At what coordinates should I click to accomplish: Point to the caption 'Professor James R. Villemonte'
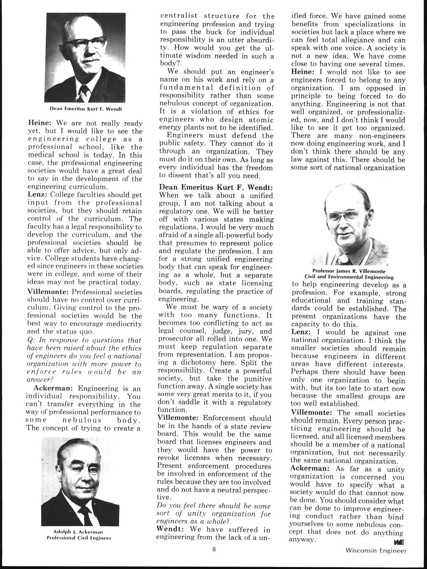pos(348,271)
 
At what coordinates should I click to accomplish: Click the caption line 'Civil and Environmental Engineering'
pos(349,277)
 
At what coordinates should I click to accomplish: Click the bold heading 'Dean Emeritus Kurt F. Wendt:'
pos(216,187)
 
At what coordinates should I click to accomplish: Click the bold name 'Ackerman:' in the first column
pos(54,388)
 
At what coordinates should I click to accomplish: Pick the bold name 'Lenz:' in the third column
pos(301,332)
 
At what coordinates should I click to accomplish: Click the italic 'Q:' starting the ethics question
pos(30,340)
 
